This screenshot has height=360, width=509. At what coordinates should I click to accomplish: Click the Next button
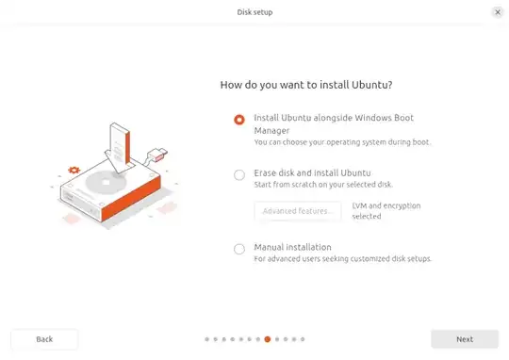465,339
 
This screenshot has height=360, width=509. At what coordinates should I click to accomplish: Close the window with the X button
498,12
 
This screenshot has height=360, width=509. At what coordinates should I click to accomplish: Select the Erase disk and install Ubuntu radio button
239,175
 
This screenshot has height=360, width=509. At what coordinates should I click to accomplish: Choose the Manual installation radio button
239,250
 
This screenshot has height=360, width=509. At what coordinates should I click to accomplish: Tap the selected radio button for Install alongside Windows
239,120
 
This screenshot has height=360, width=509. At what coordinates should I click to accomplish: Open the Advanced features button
298,211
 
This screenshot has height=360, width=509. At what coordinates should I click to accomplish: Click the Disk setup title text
254,12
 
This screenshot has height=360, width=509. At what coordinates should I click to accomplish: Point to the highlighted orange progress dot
268,339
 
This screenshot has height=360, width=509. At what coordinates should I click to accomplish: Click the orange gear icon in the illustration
74,170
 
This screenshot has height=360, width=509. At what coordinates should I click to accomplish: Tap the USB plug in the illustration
157,155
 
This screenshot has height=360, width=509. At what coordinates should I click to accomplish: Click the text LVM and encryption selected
386,211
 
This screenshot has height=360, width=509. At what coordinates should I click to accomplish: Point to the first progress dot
206,339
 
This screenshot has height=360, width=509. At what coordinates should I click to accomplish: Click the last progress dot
303,339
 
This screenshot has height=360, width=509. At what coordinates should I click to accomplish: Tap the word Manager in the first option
271,130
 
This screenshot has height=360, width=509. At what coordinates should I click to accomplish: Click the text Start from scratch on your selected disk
323,185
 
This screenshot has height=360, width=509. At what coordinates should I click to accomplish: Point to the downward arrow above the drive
118,148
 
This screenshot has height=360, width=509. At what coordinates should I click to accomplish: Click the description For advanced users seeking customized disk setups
343,259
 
